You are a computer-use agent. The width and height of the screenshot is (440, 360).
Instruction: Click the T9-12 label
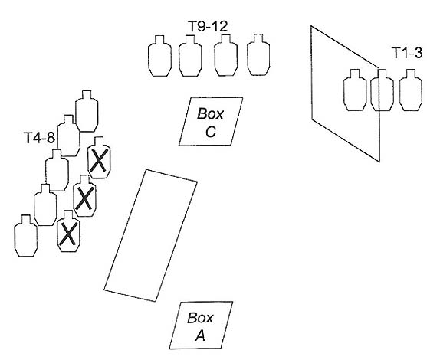click(x=208, y=26)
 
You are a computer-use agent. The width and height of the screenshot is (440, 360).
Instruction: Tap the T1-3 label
click(x=407, y=52)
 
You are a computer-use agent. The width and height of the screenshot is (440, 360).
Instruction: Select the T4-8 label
click(x=40, y=138)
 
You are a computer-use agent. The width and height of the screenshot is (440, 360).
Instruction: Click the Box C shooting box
click(x=211, y=121)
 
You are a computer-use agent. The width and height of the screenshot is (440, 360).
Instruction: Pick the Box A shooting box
click(x=201, y=326)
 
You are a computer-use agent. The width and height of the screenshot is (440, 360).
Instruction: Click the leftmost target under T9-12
click(x=159, y=56)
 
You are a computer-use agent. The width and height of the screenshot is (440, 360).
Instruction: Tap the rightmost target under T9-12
click(x=258, y=55)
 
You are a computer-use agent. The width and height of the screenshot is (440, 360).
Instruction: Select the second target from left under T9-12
click(x=190, y=56)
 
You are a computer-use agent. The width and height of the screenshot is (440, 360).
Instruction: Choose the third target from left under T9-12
click(x=226, y=55)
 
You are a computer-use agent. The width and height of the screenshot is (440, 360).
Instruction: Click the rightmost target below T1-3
click(x=411, y=90)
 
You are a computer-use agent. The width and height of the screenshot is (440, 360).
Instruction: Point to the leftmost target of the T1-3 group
click(x=355, y=90)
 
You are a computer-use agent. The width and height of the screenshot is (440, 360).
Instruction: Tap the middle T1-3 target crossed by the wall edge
click(x=383, y=90)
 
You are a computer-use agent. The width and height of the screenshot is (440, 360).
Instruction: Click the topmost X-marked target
click(x=99, y=158)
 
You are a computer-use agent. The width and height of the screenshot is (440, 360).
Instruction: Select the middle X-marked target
click(x=84, y=195)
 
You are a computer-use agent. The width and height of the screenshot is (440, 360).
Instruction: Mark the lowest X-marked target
click(x=68, y=231)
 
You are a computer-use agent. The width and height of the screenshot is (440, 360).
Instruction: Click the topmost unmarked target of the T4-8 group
click(x=87, y=111)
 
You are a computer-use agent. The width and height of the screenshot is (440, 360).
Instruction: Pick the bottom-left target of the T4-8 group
click(x=26, y=236)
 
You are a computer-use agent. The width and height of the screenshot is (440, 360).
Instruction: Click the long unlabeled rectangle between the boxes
click(x=150, y=235)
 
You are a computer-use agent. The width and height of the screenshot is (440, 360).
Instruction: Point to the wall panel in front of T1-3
click(x=345, y=93)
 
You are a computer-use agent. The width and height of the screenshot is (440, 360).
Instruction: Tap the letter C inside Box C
click(x=211, y=132)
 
